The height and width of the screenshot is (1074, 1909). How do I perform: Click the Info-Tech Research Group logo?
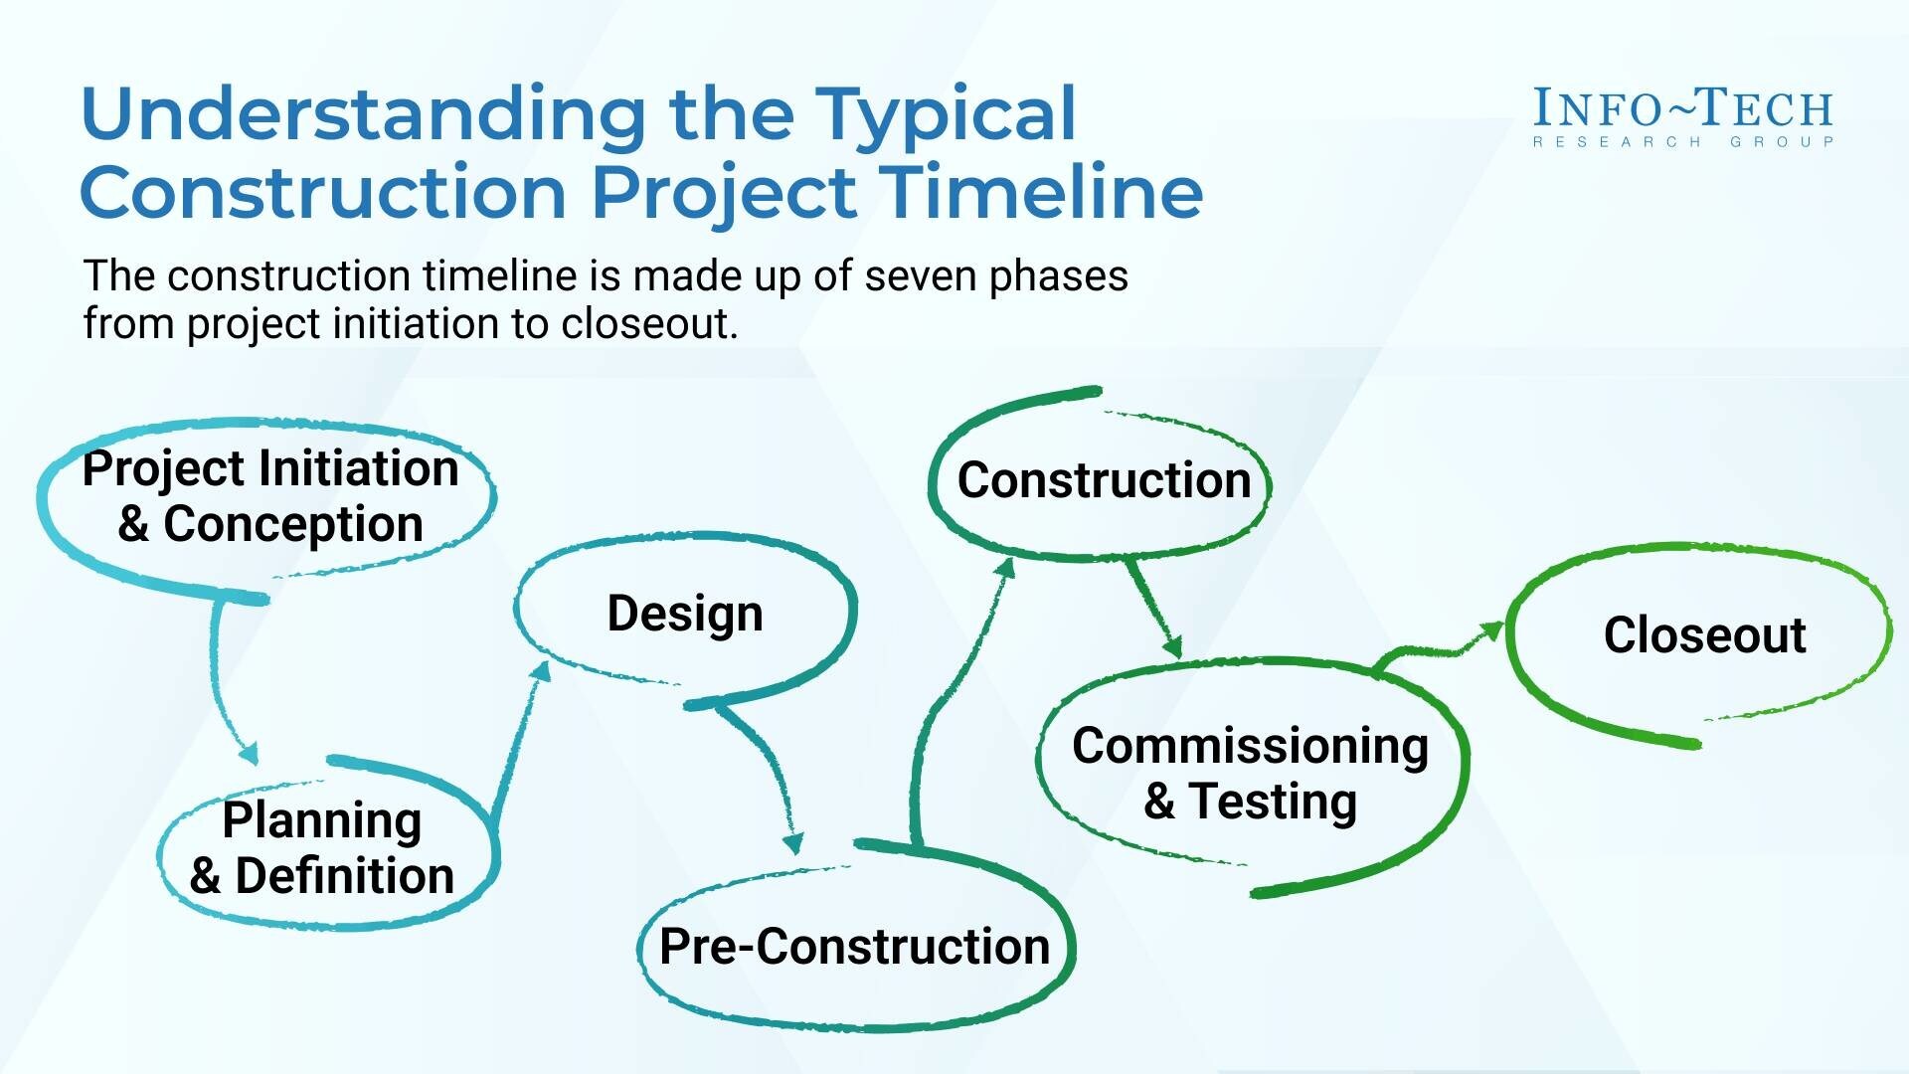[x=1683, y=117]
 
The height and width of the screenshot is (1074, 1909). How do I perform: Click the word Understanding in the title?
[x=364, y=114]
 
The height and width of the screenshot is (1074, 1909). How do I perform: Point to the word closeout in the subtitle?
[x=649, y=323]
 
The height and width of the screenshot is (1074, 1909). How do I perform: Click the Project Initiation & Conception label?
[x=270, y=496]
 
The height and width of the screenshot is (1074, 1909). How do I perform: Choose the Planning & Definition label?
[x=321, y=848]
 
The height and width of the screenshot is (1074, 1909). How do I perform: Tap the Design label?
[x=685, y=614]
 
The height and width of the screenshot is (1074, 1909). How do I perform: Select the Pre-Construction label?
[x=854, y=946]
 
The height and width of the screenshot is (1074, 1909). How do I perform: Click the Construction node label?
[x=1104, y=480]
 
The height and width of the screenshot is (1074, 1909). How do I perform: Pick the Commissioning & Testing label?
[x=1250, y=774]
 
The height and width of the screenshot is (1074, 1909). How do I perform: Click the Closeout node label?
[x=1704, y=634]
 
